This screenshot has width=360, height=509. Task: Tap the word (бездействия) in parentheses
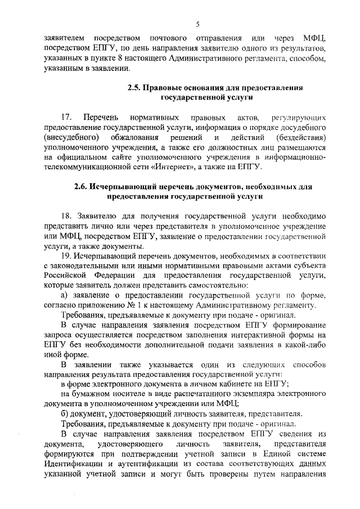300,138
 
